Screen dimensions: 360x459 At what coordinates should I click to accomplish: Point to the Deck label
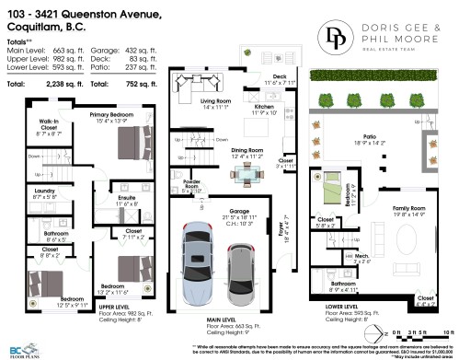coord(280,77)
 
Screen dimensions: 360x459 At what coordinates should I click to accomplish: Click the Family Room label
coord(412,210)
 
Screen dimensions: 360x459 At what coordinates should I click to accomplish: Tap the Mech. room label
coord(361,259)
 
